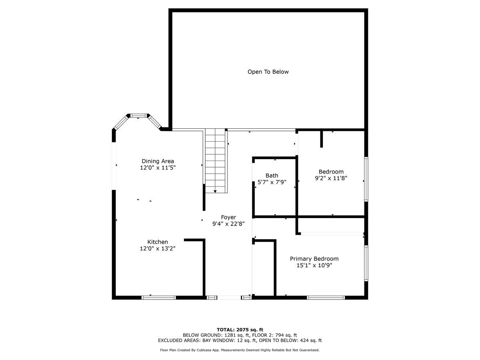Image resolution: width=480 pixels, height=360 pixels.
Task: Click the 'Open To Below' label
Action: pyautogui.click(x=268, y=72)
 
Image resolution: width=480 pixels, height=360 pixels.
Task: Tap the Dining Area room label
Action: pyautogui.click(x=158, y=161)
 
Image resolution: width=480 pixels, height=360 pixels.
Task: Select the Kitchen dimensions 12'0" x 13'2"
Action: pyautogui.click(x=158, y=248)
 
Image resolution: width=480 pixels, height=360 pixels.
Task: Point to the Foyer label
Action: pyautogui.click(x=228, y=217)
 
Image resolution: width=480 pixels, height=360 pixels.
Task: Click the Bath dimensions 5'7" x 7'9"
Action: pyautogui.click(x=272, y=182)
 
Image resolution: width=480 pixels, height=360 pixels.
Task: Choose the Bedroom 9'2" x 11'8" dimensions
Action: pyautogui.click(x=331, y=178)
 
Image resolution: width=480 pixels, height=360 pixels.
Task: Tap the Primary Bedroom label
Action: pyautogui.click(x=314, y=259)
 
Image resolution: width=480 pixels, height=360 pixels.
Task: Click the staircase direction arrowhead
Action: pyautogui.click(x=215, y=192)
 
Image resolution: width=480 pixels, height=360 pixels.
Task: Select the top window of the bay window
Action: pyautogui.click(x=138, y=116)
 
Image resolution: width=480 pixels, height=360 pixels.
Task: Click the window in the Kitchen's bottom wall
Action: pyautogui.click(x=158, y=298)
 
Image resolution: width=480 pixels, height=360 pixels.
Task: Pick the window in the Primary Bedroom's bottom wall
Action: pyautogui.click(x=326, y=298)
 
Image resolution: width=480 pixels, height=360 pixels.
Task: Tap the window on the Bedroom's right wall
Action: pyautogui.click(x=366, y=179)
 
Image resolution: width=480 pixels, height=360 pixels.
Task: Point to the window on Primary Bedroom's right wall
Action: pyautogui.click(x=366, y=263)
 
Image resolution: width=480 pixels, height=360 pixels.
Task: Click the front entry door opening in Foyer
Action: pyautogui.click(x=229, y=298)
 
